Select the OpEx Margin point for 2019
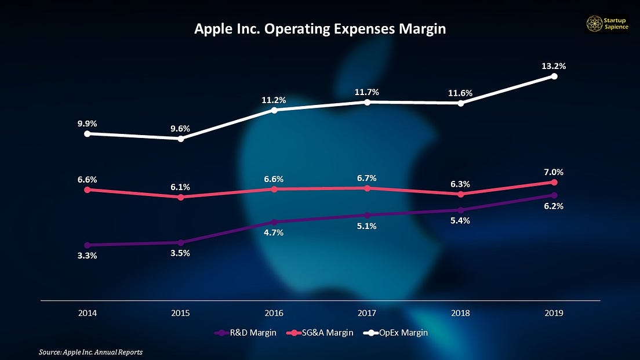point(555,76)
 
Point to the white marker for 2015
point(181,139)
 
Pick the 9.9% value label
point(88,123)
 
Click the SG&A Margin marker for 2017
point(368,188)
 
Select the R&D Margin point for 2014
point(88,245)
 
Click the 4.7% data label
point(274,233)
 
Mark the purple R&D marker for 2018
point(461,210)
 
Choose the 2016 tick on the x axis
point(274,312)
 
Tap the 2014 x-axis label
point(88,312)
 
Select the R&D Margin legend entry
point(246,332)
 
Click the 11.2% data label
point(274,100)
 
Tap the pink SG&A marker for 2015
point(181,197)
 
